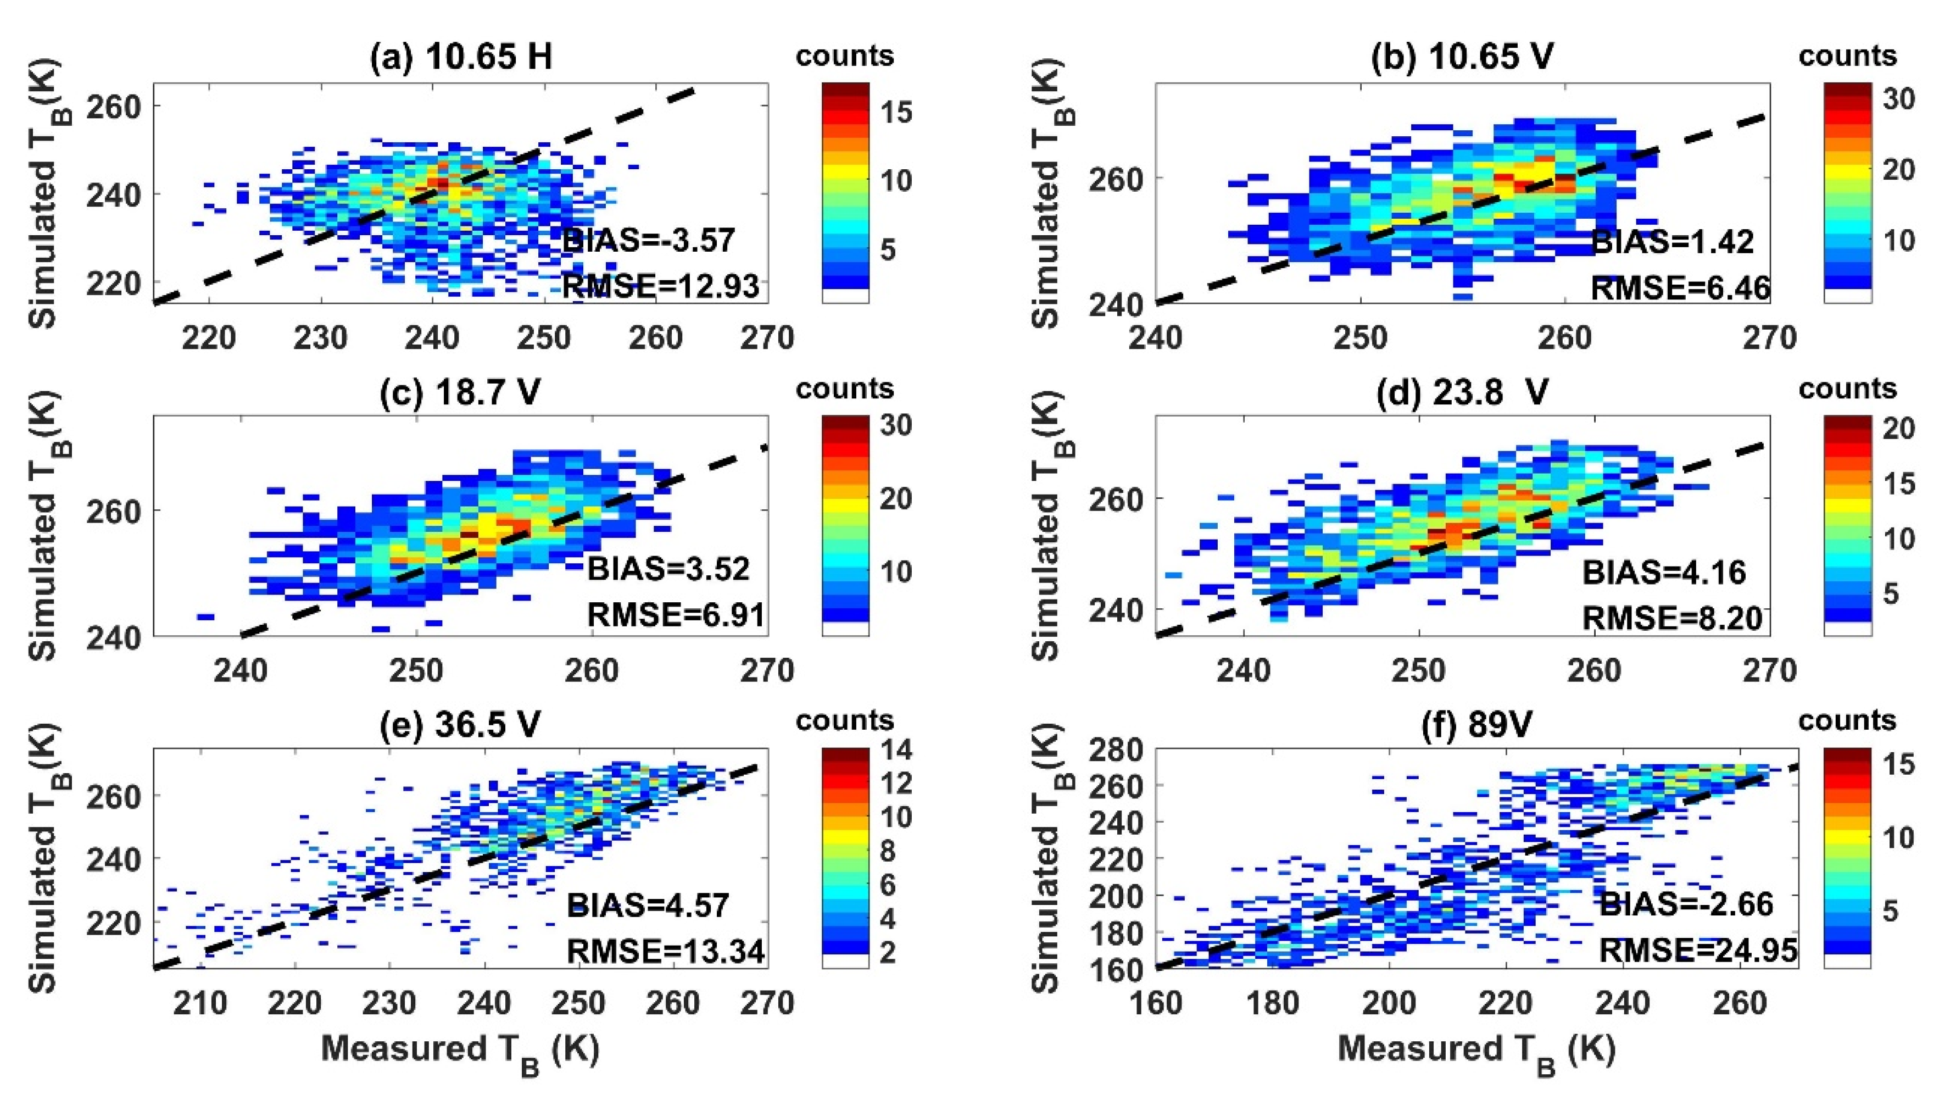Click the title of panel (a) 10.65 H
[461, 57]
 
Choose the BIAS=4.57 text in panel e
[648, 904]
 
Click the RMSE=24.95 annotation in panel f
[1697, 949]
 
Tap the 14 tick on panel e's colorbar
[897, 749]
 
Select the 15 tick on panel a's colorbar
[897, 112]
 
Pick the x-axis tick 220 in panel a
[209, 338]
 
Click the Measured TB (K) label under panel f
[1476, 1050]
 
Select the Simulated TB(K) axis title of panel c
[47, 529]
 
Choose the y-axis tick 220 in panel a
[113, 284]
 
